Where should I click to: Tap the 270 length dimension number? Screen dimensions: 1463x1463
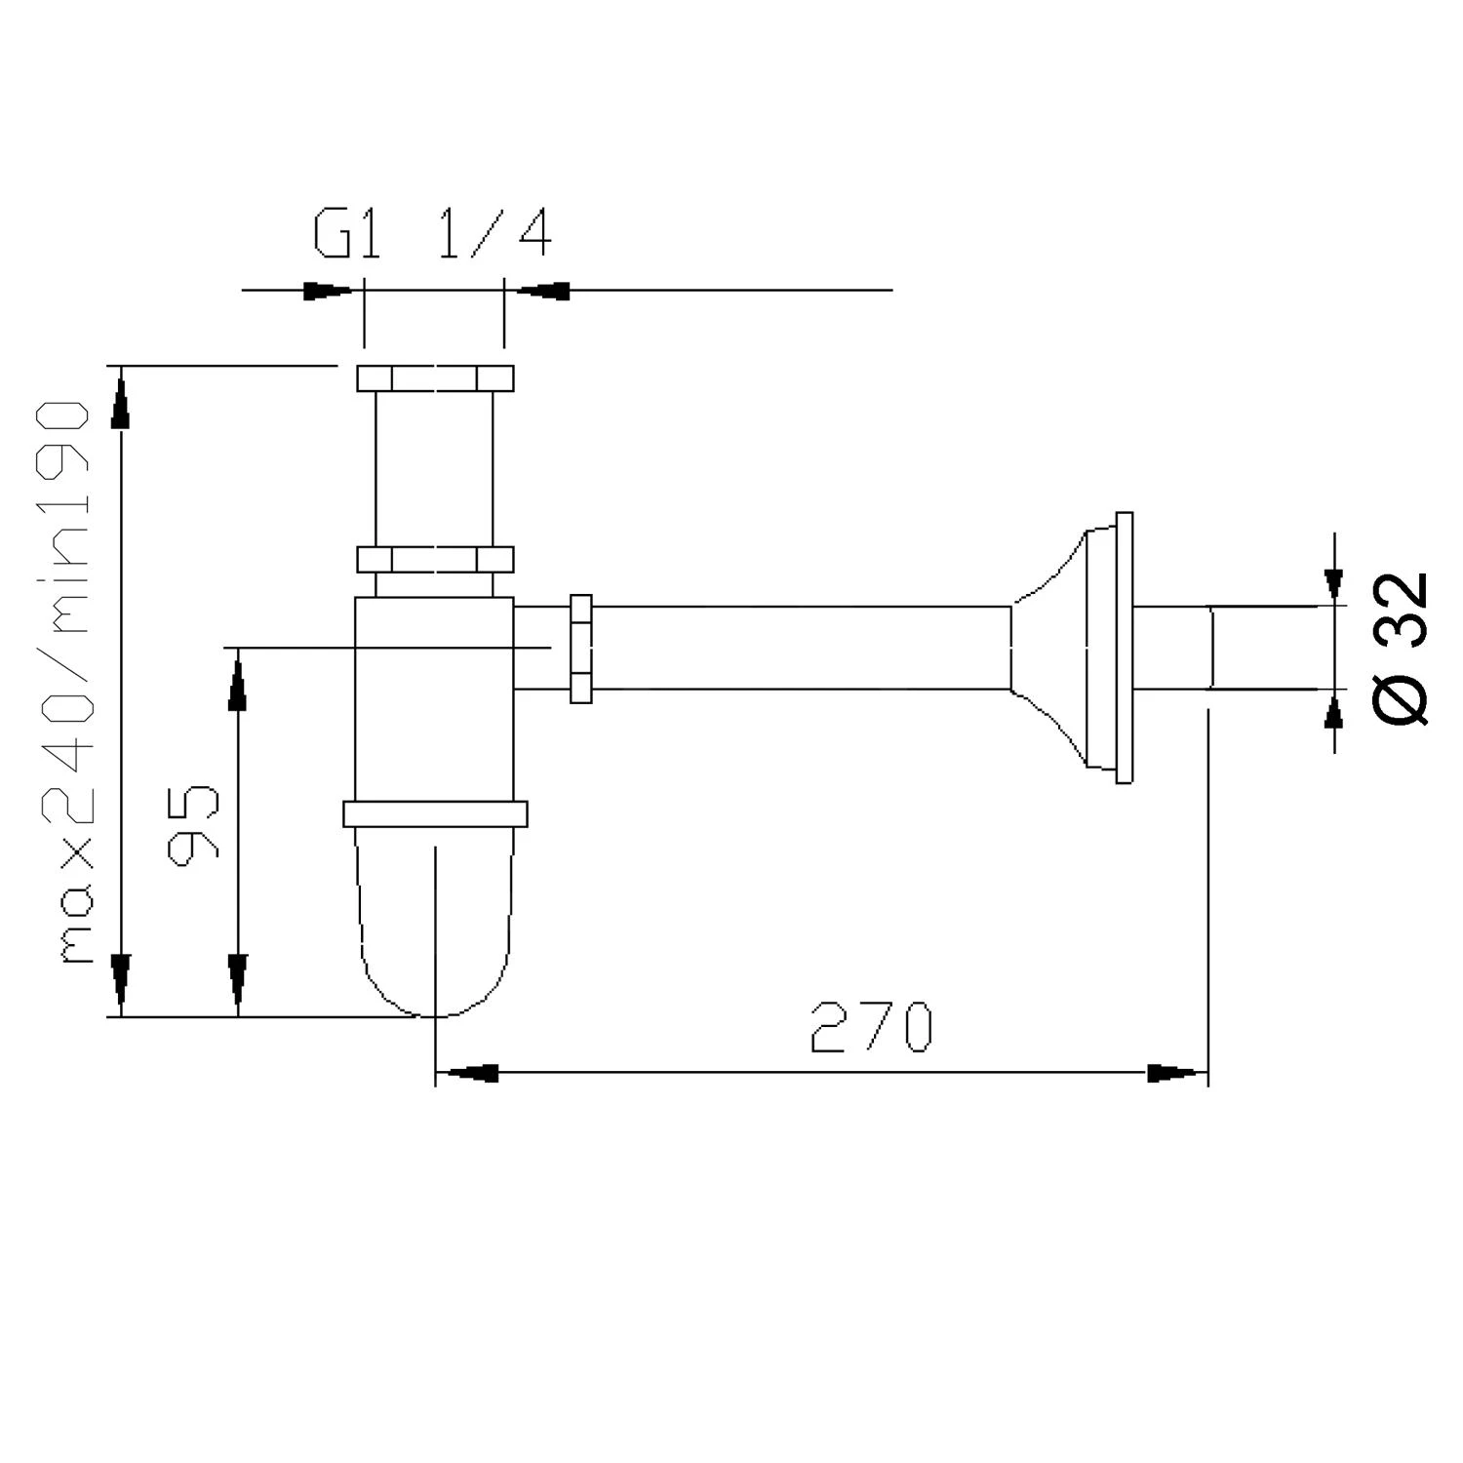pyautogui.click(x=871, y=1027)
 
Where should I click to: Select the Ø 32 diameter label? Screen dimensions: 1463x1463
pyautogui.click(x=1403, y=648)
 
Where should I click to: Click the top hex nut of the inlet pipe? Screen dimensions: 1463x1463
pyautogui.click(x=434, y=378)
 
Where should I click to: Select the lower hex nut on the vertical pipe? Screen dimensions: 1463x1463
pyautogui.click(x=434, y=560)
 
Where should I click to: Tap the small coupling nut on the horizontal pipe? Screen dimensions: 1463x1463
pyautogui.click(x=581, y=649)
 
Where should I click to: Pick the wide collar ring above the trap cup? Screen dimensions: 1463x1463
pyautogui.click(x=434, y=813)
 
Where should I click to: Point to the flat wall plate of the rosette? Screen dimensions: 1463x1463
pyautogui.click(x=1125, y=648)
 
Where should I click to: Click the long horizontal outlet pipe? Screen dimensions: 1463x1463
pyautogui.click(x=800, y=648)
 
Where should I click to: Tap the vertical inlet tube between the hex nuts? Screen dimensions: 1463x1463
pyautogui.click(x=434, y=468)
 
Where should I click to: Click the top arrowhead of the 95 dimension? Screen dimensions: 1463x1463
pyautogui.click(x=236, y=683)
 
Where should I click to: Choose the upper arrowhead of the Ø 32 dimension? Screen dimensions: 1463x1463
pyautogui.click(x=1333, y=582)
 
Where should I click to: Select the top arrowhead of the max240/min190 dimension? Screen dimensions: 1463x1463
pyautogui.click(x=120, y=400)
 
